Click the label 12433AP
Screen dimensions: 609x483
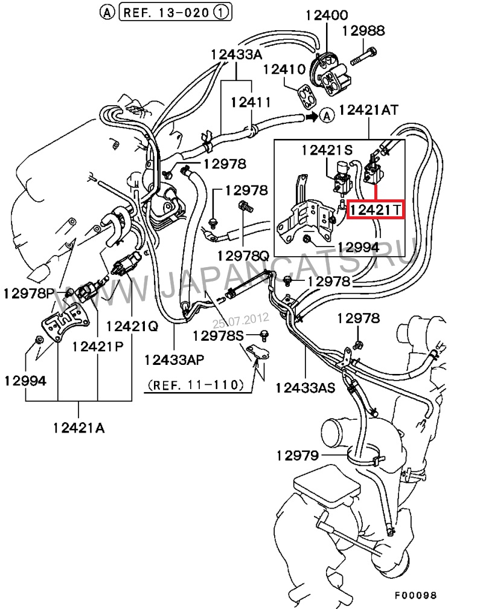click(174, 359)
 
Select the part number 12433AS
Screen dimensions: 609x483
click(305, 387)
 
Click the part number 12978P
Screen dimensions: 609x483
click(28, 294)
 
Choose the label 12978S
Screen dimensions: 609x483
click(217, 335)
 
